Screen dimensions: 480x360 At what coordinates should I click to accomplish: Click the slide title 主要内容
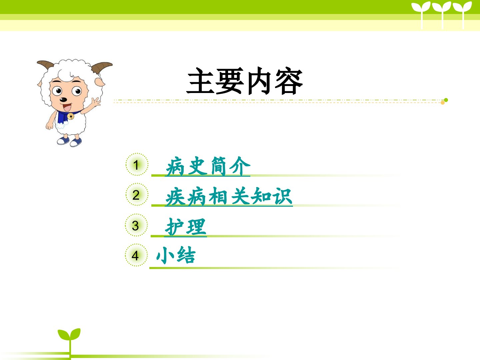click(244, 81)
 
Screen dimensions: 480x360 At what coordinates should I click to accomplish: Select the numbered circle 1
click(137, 164)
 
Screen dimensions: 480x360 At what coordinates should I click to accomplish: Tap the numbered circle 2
click(137, 194)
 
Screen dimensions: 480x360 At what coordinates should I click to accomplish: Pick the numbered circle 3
click(136, 225)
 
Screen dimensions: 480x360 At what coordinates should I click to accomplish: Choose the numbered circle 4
click(136, 255)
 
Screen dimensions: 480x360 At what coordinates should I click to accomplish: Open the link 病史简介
click(208, 166)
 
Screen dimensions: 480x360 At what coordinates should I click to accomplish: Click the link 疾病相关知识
click(229, 196)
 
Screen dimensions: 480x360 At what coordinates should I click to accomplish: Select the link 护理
click(185, 227)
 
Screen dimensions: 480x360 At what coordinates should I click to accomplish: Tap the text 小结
click(176, 255)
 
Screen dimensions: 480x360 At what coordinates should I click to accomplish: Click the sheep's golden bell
click(70, 116)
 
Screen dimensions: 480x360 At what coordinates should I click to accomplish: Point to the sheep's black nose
click(63, 100)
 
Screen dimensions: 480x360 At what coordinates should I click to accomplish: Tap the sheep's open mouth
click(67, 108)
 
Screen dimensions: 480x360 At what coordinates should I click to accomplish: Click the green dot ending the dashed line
click(446, 100)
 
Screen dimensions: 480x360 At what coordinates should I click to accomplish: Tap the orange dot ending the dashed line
click(443, 103)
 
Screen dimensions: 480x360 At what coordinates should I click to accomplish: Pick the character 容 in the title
click(289, 81)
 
